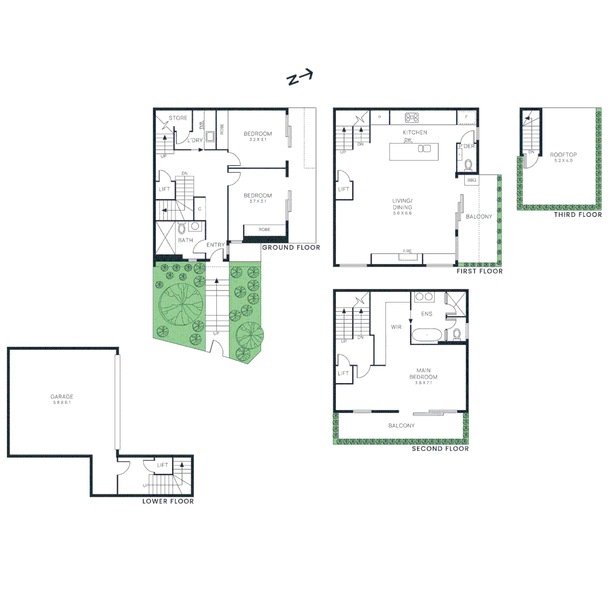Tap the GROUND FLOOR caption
coord(291,247)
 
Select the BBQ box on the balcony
coord(471,180)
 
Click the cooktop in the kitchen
coord(412,118)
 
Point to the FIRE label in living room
coord(407,251)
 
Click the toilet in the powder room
coord(468,165)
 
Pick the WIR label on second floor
coord(396,327)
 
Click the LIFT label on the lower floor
coord(163,465)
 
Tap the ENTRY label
coord(216,245)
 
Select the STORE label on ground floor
coord(178,118)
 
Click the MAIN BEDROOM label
coord(423,373)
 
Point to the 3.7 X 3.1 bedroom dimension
coord(258,201)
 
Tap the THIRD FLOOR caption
coord(578,215)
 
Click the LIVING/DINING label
coord(405,203)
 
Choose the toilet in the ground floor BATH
coord(182,229)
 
